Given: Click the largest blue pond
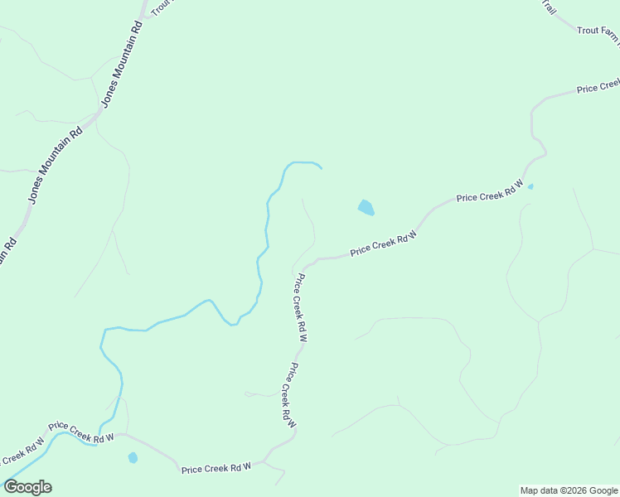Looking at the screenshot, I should (366, 207).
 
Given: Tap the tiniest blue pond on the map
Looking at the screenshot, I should (530, 186).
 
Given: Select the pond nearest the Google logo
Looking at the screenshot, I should (133, 457).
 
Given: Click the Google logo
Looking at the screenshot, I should (27, 487).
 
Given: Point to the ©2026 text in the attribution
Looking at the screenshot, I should (566, 490).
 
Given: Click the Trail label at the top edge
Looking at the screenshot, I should (549, 7).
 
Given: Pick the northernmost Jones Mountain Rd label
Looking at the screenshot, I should (123, 62).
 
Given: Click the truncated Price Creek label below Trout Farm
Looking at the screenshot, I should (598, 86).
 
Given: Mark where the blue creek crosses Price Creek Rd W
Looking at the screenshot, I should (97, 444).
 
